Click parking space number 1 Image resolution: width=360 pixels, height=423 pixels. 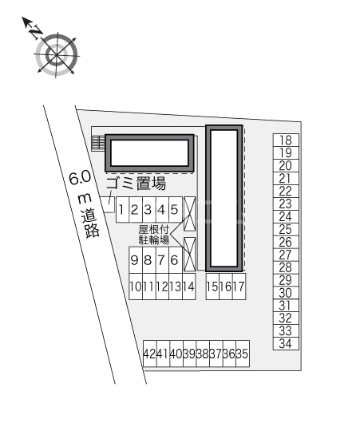click(122, 210)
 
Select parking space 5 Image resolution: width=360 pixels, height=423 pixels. click(176, 210)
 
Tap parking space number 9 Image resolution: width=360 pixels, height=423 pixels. click(136, 260)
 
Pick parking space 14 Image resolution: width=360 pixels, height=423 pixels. click(189, 287)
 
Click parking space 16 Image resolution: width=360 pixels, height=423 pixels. click(226, 287)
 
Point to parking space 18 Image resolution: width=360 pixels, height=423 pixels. click(286, 140)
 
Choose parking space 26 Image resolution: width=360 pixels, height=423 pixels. click(286, 243)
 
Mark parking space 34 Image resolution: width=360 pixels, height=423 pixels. click(286, 344)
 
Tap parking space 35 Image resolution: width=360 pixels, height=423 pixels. click(243, 354)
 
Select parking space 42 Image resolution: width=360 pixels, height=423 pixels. click(150, 354)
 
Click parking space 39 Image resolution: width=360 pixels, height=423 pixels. click(190, 354)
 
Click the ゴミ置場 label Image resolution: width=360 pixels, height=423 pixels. click(136, 184)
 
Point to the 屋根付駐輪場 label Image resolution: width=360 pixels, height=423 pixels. click(154, 235)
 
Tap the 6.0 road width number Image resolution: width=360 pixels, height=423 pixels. click(80, 178)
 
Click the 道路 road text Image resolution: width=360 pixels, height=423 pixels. click(91, 223)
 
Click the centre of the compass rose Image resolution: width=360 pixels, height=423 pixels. click(57, 55)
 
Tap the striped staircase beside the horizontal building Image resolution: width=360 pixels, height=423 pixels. click(98, 143)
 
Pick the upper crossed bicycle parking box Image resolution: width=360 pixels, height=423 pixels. click(189, 214)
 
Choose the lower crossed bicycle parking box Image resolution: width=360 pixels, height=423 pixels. click(189, 255)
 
